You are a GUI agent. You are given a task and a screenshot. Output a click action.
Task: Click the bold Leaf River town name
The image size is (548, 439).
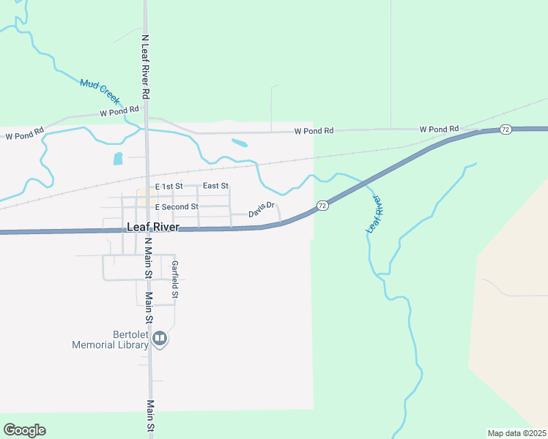[152, 228]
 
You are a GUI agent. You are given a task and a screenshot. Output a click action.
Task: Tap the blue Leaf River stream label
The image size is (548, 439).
[374, 214]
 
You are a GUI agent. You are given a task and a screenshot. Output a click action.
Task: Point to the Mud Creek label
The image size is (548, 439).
[100, 90]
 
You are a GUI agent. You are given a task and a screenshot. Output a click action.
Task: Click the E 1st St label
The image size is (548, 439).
[169, 187]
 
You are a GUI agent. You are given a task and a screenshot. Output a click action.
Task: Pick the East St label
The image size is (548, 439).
[215, 187]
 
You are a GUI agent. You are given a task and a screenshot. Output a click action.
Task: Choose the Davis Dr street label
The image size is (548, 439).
[261, 210]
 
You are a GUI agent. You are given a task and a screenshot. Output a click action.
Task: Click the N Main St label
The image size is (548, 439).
[147, 258]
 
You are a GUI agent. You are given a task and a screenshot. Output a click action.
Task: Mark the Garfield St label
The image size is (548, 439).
[175, 279]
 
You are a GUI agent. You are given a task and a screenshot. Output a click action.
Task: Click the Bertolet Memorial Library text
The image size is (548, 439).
[110, 339]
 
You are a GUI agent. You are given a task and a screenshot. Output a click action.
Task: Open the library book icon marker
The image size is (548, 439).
[160, 339]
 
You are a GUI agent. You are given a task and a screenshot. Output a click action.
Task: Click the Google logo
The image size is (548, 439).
[24, 430]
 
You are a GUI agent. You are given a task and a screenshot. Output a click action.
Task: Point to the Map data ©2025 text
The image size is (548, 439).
[516, 432]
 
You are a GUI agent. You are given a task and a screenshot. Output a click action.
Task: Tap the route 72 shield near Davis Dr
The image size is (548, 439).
[322, 206]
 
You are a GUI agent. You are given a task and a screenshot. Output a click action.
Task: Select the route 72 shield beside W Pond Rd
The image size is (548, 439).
[506, 129]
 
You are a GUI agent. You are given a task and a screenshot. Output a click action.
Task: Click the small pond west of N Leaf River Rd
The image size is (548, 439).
[118, 158]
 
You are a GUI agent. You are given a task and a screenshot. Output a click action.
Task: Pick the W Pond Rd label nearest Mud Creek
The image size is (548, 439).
[119, 111]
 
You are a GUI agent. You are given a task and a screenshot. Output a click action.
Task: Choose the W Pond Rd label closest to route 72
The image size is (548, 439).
[439, 130]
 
